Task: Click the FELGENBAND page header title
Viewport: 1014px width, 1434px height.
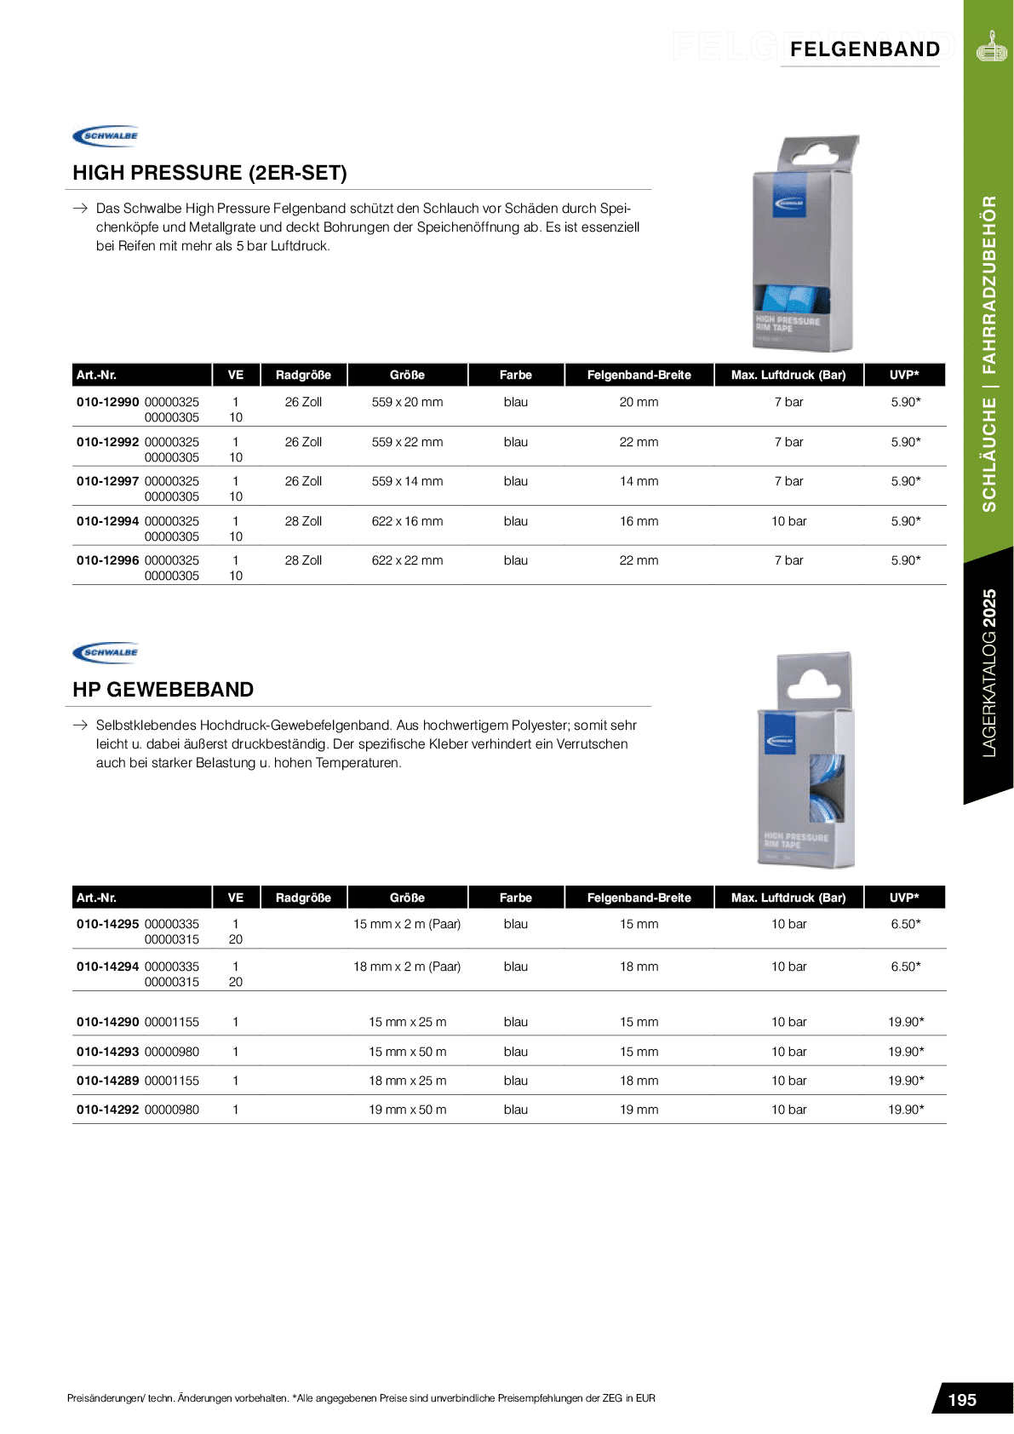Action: tap(864, 49)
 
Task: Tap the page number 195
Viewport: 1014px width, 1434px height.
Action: tap(962, 1400)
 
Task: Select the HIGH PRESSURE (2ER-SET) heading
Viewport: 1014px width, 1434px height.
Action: tap(209, 173)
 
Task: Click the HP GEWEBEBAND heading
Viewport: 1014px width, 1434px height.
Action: tap(163, 690)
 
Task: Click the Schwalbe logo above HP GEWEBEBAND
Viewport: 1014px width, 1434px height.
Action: tap(106, 652)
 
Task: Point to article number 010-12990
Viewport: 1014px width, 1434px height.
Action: tap(107, 402)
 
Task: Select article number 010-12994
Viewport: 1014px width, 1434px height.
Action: tap(107, 521)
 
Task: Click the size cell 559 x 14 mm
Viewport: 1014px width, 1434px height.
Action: tap(407, 481)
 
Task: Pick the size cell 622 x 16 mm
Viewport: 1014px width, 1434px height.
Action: tap(407, 521)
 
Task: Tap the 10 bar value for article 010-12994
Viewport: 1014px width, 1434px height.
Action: tap(788, 521)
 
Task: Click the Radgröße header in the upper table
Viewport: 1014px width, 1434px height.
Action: tap(303, 375)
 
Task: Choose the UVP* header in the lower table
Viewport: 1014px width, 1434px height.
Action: tap(904, 898)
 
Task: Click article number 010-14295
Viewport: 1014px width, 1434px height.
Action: tap(107, 924)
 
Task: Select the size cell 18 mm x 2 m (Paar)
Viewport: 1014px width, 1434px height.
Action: tap(407, 967)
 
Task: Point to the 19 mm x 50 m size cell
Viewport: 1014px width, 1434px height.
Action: tap(407, 1110)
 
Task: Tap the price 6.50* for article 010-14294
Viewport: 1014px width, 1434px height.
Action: tap(905, 967)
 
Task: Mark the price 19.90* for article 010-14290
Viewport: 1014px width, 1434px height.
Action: tap(906, 1022)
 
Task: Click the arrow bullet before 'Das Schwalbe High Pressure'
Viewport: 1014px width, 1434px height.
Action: tap(80, 209)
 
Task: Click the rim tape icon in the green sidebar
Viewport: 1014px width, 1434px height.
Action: tap(991, 48)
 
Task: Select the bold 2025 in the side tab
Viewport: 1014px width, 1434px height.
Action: tap(988, 608)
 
